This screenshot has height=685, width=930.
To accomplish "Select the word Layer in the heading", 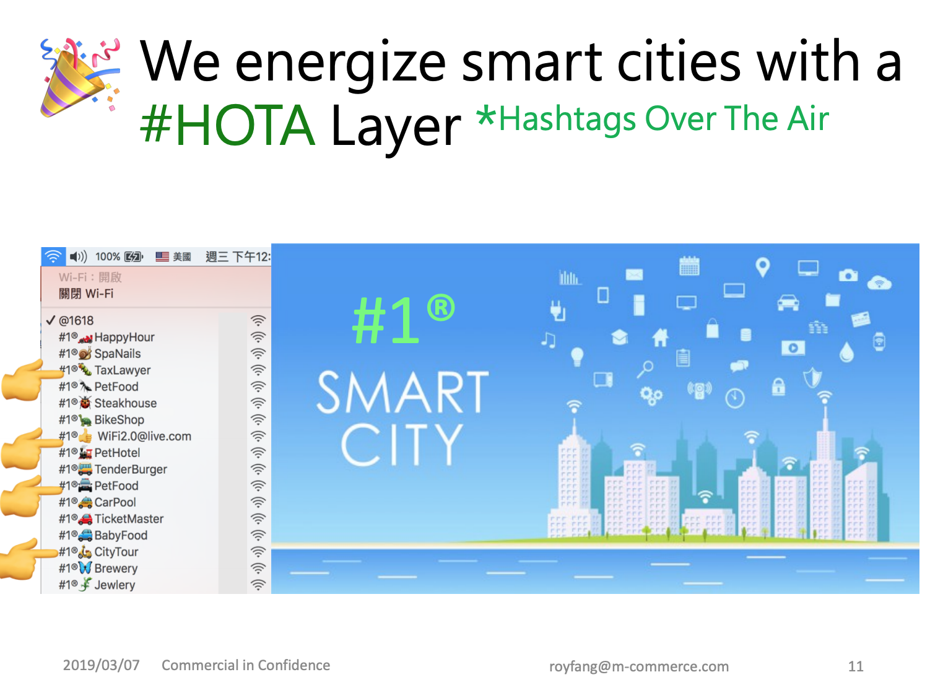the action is pyautogui.click(x=396, y=129).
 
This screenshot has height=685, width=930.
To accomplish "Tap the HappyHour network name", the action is pyautogui.click(x=124, y=338).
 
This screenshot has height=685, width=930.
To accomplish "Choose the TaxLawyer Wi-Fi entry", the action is pyautogui.click(x=123, y=370).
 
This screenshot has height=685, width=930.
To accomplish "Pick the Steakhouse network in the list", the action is pyautogui.click(x=126, y=403).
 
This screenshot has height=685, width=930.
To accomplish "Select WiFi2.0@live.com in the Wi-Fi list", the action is pyautogui.click(x=144, y=437).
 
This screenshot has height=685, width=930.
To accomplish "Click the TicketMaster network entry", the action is pyautogui.click(x=129, y=519).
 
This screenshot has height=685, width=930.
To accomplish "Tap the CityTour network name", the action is pyautogui.click(x=116, y=552).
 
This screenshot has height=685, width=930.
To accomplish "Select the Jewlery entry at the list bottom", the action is pyautogui.click(x=115, y=585).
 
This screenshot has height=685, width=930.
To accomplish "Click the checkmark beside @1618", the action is pyautogui.click(x=50, y=320).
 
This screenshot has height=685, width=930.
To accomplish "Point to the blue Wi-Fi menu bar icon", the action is pyautogui.click(x=53, y=256).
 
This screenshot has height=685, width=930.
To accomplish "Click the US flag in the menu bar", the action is pyautogui.click(x=162, y=256).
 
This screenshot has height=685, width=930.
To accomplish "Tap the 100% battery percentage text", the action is pyautogui.click(x=108, y=256).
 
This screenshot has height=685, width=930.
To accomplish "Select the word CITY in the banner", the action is pyautogui.click(x=402, y=445).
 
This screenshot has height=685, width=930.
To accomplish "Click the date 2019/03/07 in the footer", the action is pyautogui.click(x=102, y=666).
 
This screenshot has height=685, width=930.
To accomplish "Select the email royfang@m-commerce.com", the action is pyautogui.click(x=640, y=666).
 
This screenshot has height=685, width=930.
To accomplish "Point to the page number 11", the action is pyautogui.click(x=856, y=666).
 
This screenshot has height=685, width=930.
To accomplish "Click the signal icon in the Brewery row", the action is pyautogui.click(x=258, y=569).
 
